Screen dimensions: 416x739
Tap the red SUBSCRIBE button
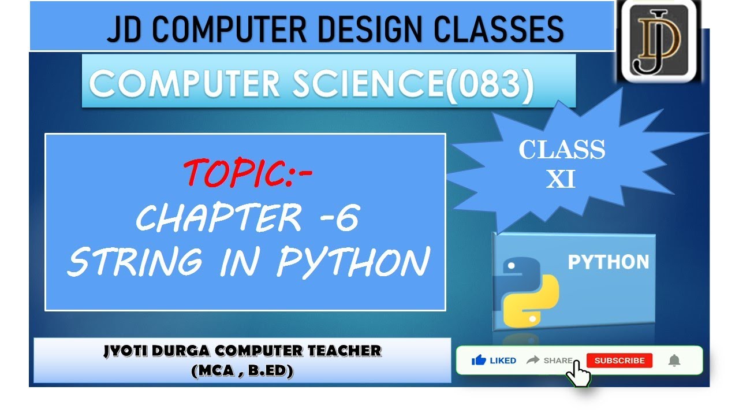pos(619,361)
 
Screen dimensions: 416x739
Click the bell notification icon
pos(674,361)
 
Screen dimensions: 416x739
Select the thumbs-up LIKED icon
pos(479,361)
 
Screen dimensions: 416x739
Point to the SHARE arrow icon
pos(532,360)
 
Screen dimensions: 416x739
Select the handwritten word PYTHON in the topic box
pos(353,262)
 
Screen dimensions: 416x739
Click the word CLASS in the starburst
pos(562,150)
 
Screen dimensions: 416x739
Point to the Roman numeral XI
pos(561,179)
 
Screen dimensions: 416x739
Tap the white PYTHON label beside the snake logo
pos(609,262)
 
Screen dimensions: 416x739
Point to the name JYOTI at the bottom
pos(125,351)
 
